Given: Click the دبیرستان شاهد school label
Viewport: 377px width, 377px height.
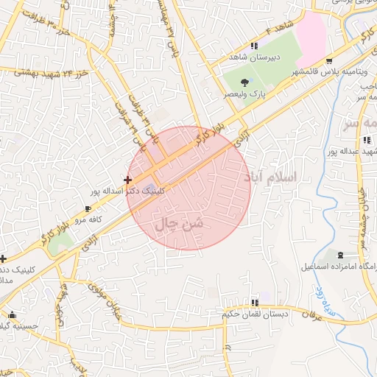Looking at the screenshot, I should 251,57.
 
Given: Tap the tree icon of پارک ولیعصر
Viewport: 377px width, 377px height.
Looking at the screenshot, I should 244,82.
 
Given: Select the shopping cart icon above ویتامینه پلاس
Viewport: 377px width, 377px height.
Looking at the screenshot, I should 329,61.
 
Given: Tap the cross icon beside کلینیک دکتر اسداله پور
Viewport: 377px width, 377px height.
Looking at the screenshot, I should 128,179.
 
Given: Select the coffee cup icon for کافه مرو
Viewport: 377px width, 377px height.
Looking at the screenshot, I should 88,209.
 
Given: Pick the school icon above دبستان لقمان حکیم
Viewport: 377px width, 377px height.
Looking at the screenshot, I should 255,303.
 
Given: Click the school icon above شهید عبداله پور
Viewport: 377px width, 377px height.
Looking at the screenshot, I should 365,140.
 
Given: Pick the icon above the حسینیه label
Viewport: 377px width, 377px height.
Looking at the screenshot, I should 5,313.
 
